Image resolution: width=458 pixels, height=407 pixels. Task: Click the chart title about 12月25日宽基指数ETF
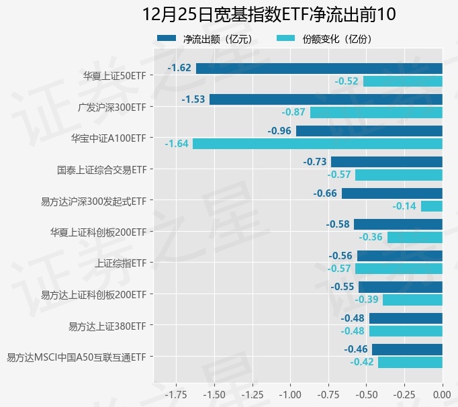(x=269, y=14)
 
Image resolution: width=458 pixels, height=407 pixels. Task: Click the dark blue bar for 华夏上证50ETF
(x=319, y=68)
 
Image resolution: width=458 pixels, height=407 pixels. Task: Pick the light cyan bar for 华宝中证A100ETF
(x=317, y=144)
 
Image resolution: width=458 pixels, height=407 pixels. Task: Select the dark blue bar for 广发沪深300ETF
(x=326, y=99)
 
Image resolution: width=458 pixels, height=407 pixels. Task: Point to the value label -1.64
(x=177, y=144)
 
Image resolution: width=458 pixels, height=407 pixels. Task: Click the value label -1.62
(x=180, y=68)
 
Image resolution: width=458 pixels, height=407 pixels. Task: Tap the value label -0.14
(x=405, y=206)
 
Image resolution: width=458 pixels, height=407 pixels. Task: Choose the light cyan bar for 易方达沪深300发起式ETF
(x=432, y=206)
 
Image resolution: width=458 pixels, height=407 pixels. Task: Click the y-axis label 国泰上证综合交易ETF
(x=101, y=170)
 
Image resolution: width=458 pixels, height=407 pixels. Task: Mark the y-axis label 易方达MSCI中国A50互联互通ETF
(x=76, y=357)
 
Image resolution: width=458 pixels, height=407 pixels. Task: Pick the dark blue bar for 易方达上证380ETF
(x=406, y=318)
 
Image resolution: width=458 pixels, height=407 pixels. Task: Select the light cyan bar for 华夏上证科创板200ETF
(x=415, y=237)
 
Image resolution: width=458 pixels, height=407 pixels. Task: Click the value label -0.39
(x=367, y=300)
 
